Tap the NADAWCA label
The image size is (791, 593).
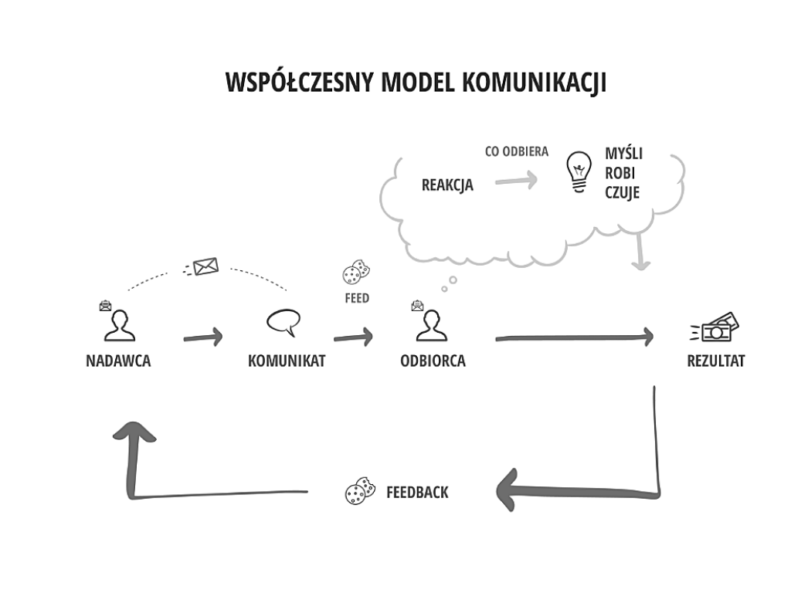[x=118, y=361]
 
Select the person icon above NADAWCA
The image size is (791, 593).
[x=119, y=326]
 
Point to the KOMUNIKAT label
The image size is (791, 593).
[x=287, y=361]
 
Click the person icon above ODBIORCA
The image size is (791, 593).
[x=432, y=326]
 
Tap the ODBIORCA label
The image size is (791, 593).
[x=433, y=361]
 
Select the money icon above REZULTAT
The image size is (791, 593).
[x=714, y=327]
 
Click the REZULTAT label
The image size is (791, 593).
[x=716, y=361]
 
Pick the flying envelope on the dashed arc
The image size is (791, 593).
[x=202, y=267]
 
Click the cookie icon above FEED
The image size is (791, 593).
[x=356, y=272]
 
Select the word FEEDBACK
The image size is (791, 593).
[x=417, y=492]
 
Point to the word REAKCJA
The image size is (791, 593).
[x=447, y=185]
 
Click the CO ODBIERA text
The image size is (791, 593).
[x=517, y=152]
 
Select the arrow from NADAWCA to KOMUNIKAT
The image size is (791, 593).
[x=203, y=337]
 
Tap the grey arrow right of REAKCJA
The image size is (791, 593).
[x=516, y=181]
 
